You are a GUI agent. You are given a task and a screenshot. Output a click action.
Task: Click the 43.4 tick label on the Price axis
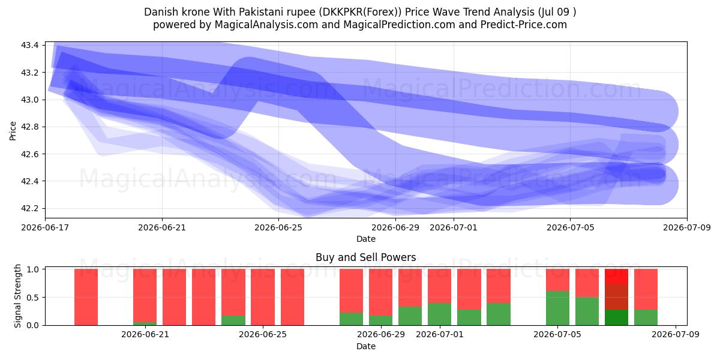click(30, 45)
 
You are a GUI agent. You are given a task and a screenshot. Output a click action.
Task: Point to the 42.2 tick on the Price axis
click(30, 208)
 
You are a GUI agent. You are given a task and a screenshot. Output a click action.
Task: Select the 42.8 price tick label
click(30, 127)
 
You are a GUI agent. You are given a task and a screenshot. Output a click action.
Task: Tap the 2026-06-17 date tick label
click(45, 227)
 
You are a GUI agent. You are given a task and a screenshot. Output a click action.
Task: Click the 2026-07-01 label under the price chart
click(454, 227)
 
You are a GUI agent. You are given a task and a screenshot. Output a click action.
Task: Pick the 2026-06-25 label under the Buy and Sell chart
click(263, 334)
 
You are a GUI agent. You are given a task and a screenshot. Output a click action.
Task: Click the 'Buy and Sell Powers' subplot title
click(366, 257)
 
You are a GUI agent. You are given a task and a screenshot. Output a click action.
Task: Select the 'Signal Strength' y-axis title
click(17, 296)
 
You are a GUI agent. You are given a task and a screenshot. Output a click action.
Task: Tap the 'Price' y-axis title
click(13, 131)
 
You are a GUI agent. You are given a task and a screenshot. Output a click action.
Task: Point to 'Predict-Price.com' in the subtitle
click(524, 25)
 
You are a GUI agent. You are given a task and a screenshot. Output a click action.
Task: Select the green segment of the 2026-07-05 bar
click(557, 308)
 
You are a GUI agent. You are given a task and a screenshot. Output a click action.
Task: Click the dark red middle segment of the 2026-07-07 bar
click(617, 297)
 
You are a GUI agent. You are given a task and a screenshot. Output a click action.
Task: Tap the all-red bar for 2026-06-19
click(86, 297)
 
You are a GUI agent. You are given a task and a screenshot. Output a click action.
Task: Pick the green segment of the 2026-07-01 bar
click(440, 314)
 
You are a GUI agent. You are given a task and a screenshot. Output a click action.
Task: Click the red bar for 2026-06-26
click(293, 297)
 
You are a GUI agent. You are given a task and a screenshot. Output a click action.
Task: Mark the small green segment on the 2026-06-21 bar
click(145, 323)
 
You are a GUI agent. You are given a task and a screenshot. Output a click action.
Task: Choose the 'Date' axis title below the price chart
click(366, 239)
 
